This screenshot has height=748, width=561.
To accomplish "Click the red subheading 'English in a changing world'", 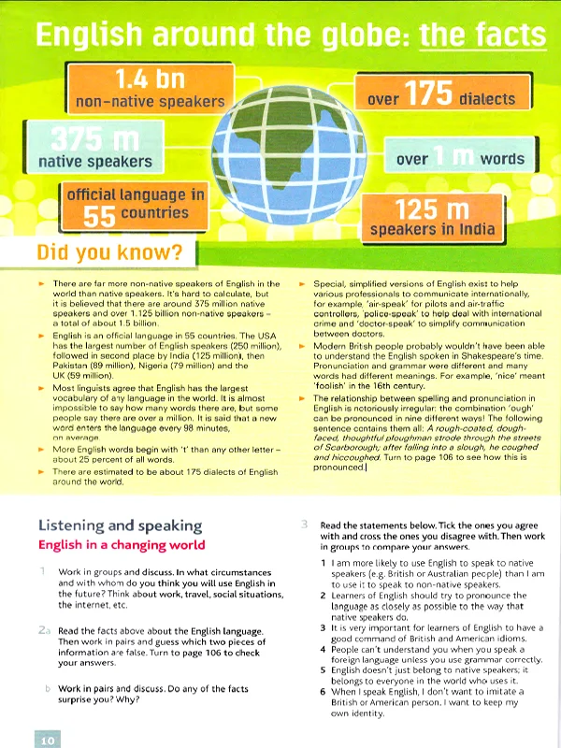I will click(x=121, y=544).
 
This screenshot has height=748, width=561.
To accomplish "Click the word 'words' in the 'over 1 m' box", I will click(x=502, y=159).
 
